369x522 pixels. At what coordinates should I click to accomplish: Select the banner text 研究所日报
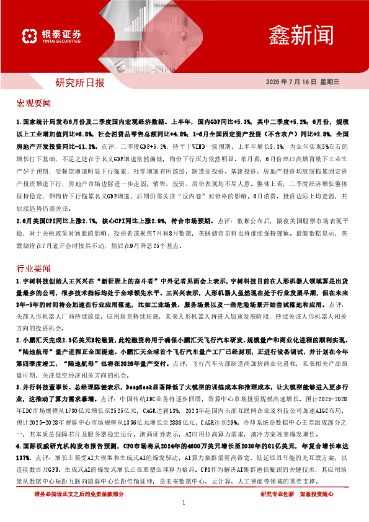80,82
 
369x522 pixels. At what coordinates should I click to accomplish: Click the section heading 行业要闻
34,270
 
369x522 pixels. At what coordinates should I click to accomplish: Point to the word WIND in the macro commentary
200,146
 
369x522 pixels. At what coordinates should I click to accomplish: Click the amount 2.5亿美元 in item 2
79,340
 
